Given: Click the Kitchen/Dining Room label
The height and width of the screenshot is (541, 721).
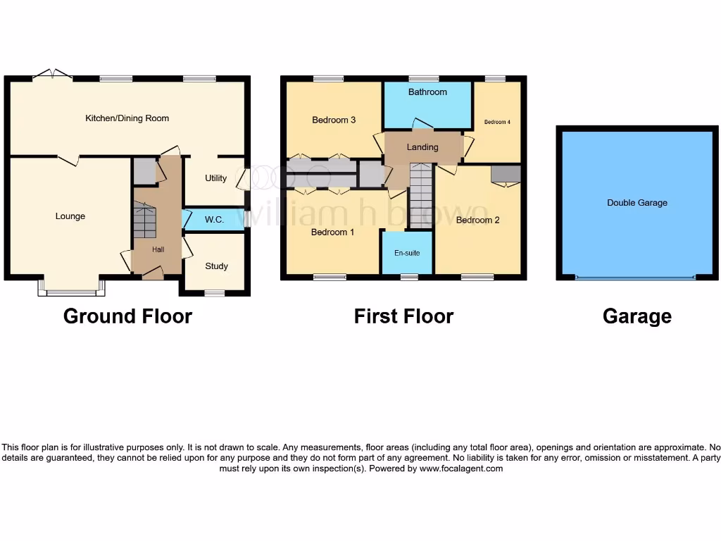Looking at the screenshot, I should (127, 118).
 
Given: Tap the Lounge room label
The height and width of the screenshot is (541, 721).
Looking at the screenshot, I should (70, 216).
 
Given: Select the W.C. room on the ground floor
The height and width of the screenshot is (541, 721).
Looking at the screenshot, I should (214, 220).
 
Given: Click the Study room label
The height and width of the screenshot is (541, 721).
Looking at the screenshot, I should (216, 266).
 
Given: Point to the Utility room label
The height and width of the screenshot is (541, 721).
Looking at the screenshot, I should (215, 178).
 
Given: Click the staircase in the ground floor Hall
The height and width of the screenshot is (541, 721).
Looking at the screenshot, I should (144, 220).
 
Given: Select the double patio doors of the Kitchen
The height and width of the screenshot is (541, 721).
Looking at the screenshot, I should (53, 75).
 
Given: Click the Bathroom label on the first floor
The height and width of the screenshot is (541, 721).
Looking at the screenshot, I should (427, 92).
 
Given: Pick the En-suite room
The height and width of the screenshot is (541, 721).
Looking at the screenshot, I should (406, 253).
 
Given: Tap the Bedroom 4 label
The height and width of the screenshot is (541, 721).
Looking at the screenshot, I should (497, 123).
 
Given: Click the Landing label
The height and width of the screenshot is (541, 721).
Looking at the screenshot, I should (422, 147).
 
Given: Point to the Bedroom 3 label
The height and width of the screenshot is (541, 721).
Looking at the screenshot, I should (334, 120).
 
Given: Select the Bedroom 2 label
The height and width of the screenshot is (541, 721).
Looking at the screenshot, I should (477, 220).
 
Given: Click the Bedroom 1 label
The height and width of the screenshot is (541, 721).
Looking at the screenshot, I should (333, 232).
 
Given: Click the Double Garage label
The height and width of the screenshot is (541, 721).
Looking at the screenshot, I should (637, 203).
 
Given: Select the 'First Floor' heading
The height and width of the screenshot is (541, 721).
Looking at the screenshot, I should (403, 317).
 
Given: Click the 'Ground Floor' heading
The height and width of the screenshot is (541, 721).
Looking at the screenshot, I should (127, 316).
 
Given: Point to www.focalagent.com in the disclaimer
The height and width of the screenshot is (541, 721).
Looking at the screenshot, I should (461, 468).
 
